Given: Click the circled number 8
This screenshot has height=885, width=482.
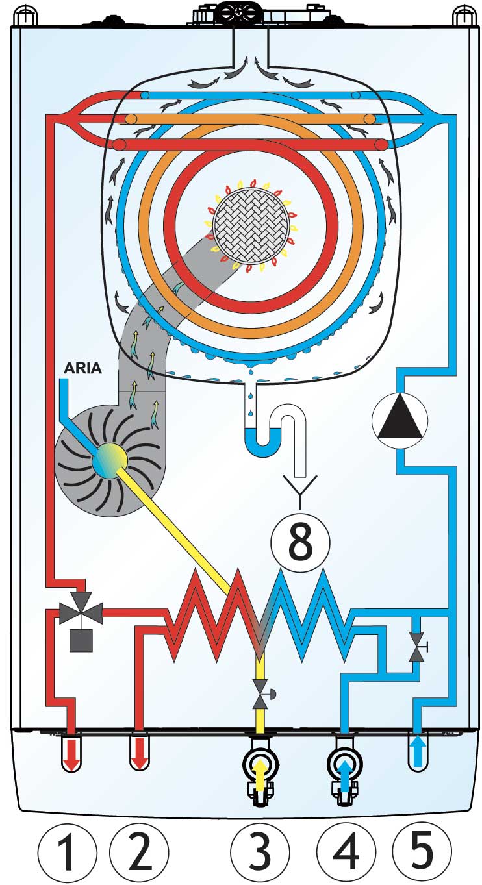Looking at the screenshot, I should (300, 540).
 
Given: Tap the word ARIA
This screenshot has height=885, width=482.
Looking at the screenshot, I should (82, 368).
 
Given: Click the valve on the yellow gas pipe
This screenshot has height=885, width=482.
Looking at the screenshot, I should (260, 693).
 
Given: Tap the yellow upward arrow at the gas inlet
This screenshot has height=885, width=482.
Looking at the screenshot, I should (260, 774).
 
